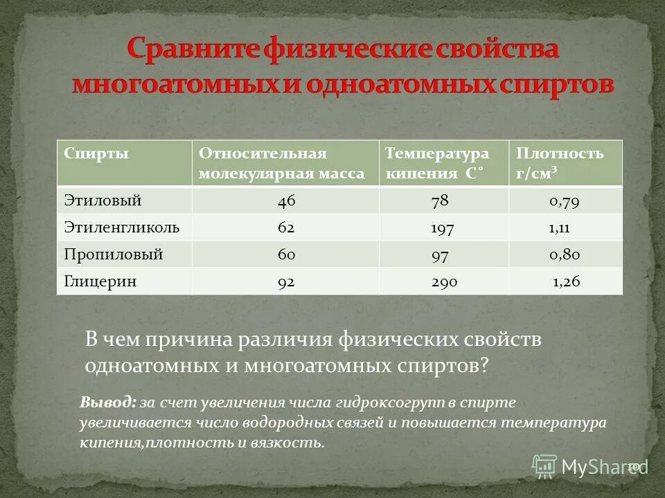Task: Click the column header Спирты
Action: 97,154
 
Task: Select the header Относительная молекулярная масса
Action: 281,163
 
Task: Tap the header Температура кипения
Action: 437,163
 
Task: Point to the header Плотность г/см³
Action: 560,163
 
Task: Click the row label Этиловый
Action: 103,201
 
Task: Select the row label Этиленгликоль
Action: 122,228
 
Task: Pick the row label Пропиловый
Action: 114,255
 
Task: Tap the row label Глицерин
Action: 100,282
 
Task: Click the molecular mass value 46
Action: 286,201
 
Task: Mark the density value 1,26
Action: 566,282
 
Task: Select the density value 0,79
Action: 565,201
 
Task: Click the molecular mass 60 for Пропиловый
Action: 286,255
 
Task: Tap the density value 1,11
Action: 564,228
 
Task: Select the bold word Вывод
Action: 107,403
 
